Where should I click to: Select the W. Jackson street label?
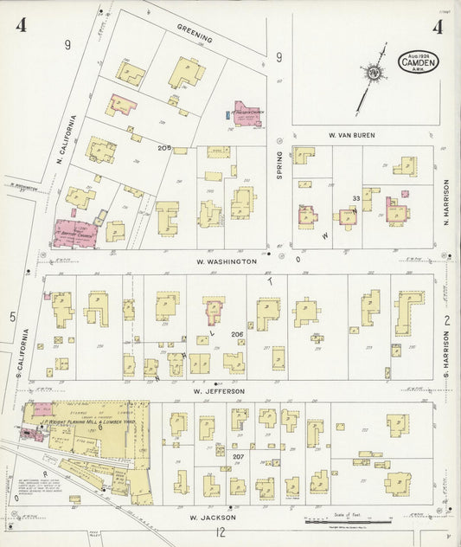click(x=211, y=517)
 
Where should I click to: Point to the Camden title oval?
click(x=419, y=62)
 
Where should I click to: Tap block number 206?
click(x=236, y=333)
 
